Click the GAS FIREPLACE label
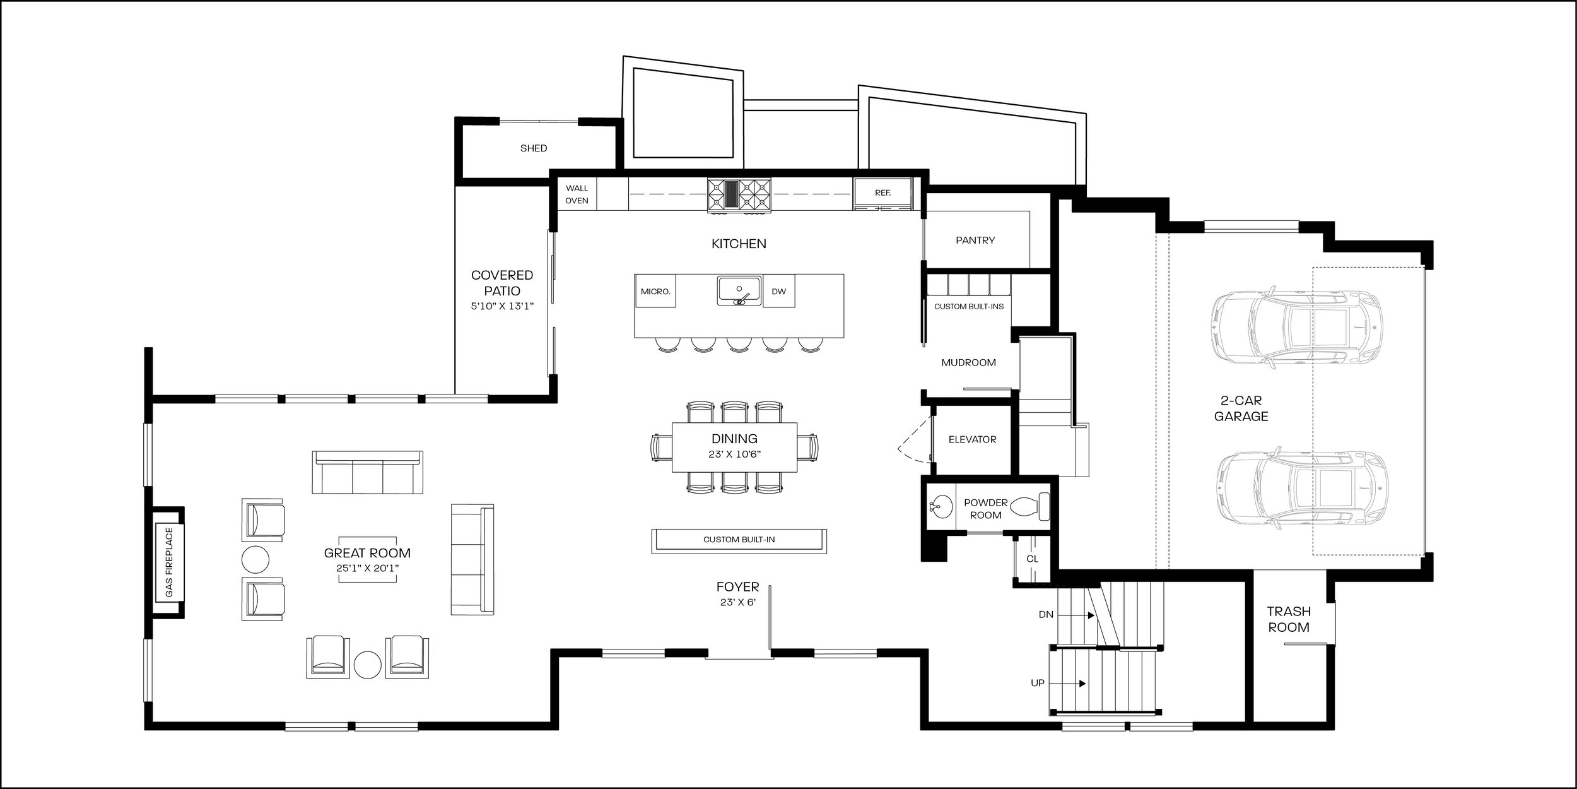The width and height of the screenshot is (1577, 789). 168,563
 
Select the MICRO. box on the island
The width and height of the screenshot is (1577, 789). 655,291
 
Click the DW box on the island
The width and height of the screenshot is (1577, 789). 778,291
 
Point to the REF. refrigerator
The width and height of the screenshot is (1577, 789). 883,193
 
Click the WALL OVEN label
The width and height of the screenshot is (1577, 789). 577,194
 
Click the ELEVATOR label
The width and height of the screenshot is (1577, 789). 972,439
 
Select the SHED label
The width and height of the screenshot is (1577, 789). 534,148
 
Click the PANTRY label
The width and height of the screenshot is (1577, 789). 975,240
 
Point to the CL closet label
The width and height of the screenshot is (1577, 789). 1032,559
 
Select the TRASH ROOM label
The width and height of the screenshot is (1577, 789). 1288,619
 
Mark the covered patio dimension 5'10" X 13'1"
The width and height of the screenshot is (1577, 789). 503,306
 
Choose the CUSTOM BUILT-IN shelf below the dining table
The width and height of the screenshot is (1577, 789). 739,540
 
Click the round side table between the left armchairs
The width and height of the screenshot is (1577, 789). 255,559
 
